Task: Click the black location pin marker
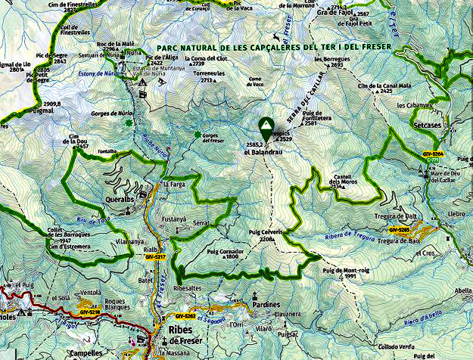tap(266, 126)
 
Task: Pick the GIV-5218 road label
tap(89, 312)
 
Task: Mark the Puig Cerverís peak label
tap(265, 232)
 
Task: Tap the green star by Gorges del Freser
tap(198, 135)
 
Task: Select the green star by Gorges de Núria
tap(131, 123)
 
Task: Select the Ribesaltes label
tap(188, 288)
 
